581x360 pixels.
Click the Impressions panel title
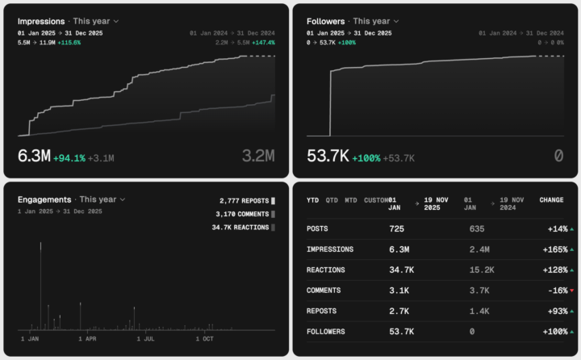pos(42,20)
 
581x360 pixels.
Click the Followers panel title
pos(326,20)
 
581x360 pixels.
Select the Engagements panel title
pos(44,199)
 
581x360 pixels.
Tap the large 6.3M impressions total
pos(34,157)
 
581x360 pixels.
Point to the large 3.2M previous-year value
pos(257,157)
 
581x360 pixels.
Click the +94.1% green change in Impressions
pos(69,158)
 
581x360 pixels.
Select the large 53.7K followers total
pos(327,157)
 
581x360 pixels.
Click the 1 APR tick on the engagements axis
pos(87,339)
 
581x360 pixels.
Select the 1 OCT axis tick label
pos(203,339)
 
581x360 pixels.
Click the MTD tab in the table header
pos(351,199)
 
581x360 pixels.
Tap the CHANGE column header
pos(551,199)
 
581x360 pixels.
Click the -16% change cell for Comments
pos(554,290)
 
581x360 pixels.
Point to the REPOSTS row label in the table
pos(323,311)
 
